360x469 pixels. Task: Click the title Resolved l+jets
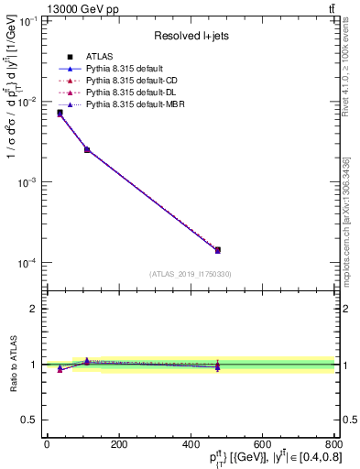[x=191, y=36]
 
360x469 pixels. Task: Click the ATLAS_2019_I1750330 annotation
[x=191, y=274]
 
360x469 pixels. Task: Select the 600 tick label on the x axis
[x=262, y=444]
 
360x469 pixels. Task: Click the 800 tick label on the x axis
[x=333, y=444]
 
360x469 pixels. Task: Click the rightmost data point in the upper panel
[x=218, y=249]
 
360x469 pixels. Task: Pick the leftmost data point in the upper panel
[x=60, y=113]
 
